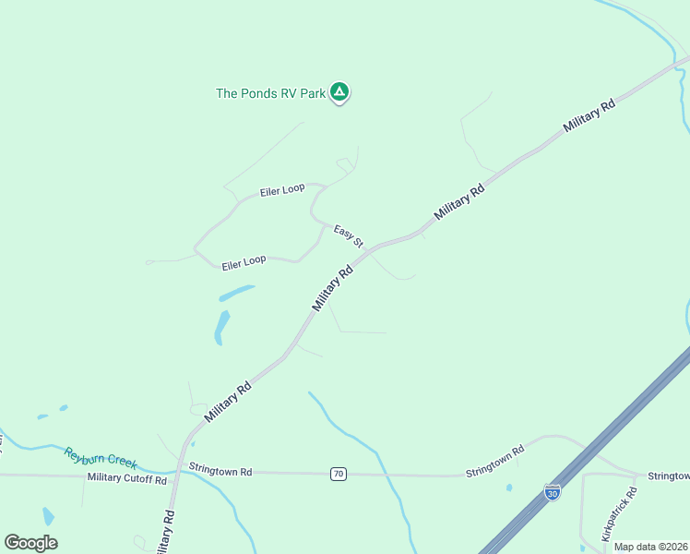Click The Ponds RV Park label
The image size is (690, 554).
(x=271, y=93)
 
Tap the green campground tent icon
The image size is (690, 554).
(x=339, y=91)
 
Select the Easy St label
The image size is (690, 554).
(x=349, y=236)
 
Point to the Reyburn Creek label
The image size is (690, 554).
(x=101, y=457)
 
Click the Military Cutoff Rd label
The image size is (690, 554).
(x=127, y=478)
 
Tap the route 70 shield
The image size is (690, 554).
(x=339, y=474)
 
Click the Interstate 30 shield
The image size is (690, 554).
(x=553, y=492)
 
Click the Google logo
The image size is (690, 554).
(x=30, y=542)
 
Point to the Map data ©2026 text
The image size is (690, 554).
(x=651, y=547)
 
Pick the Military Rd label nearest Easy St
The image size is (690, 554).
(x=333, y=289)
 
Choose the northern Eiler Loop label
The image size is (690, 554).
(x=282, y=189)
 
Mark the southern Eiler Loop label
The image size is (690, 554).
(x=244, y=262)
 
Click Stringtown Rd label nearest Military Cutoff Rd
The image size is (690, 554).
(x=220, y=470)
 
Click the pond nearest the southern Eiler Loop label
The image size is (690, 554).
(x=236, y=294)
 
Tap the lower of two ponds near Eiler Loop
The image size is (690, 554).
(x=221, y=327)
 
